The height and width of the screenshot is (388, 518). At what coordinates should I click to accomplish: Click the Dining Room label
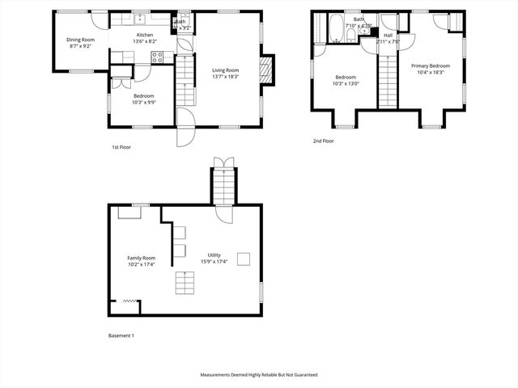click(80, 40)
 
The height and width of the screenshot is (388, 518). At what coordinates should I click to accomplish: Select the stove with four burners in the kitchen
click(158, 57)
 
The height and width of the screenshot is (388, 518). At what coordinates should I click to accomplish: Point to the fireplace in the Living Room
click(265, 70)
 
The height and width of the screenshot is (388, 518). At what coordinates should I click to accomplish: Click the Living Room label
click(226, 69)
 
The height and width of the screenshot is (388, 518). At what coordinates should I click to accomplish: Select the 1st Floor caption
click(122, 147)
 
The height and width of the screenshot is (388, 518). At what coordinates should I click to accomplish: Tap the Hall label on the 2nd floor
click(388, 36)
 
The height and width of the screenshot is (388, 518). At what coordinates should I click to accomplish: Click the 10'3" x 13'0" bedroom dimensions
click(345, 83)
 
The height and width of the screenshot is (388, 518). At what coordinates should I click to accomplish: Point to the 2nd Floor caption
click(323, 141)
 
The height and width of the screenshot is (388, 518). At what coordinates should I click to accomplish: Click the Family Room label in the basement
click(142, 258)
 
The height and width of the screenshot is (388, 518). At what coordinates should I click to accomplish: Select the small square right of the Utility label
click(243, 259)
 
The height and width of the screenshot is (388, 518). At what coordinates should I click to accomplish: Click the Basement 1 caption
click(121, 335)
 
